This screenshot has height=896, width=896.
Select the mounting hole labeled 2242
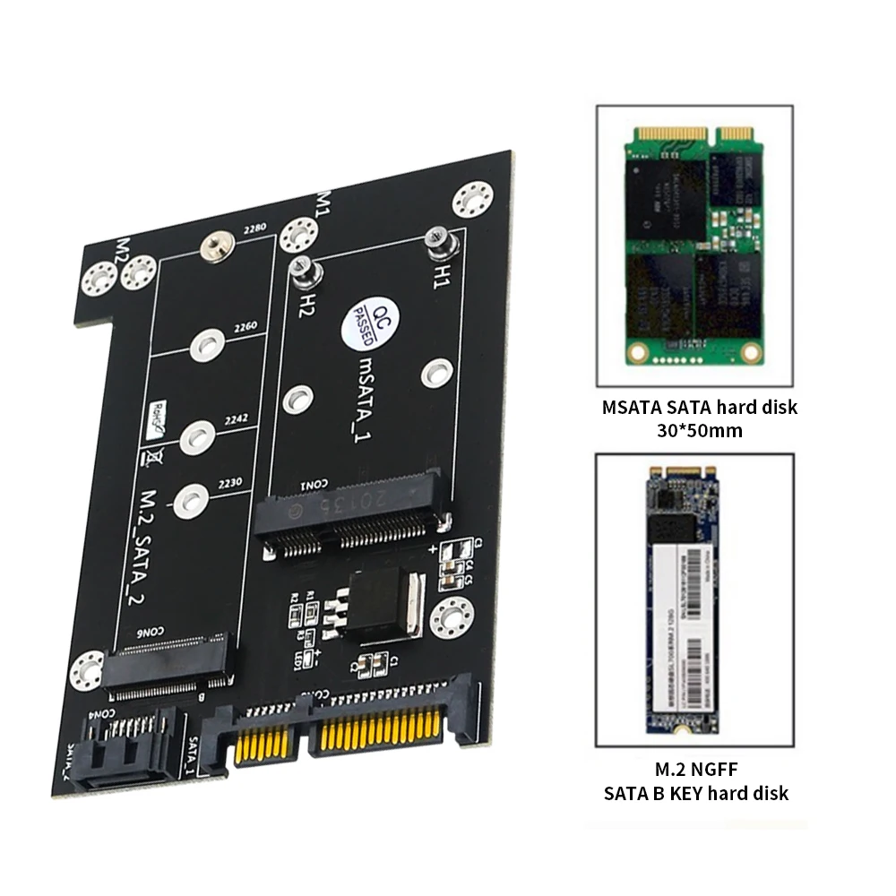196,437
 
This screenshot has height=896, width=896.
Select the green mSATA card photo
694,248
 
